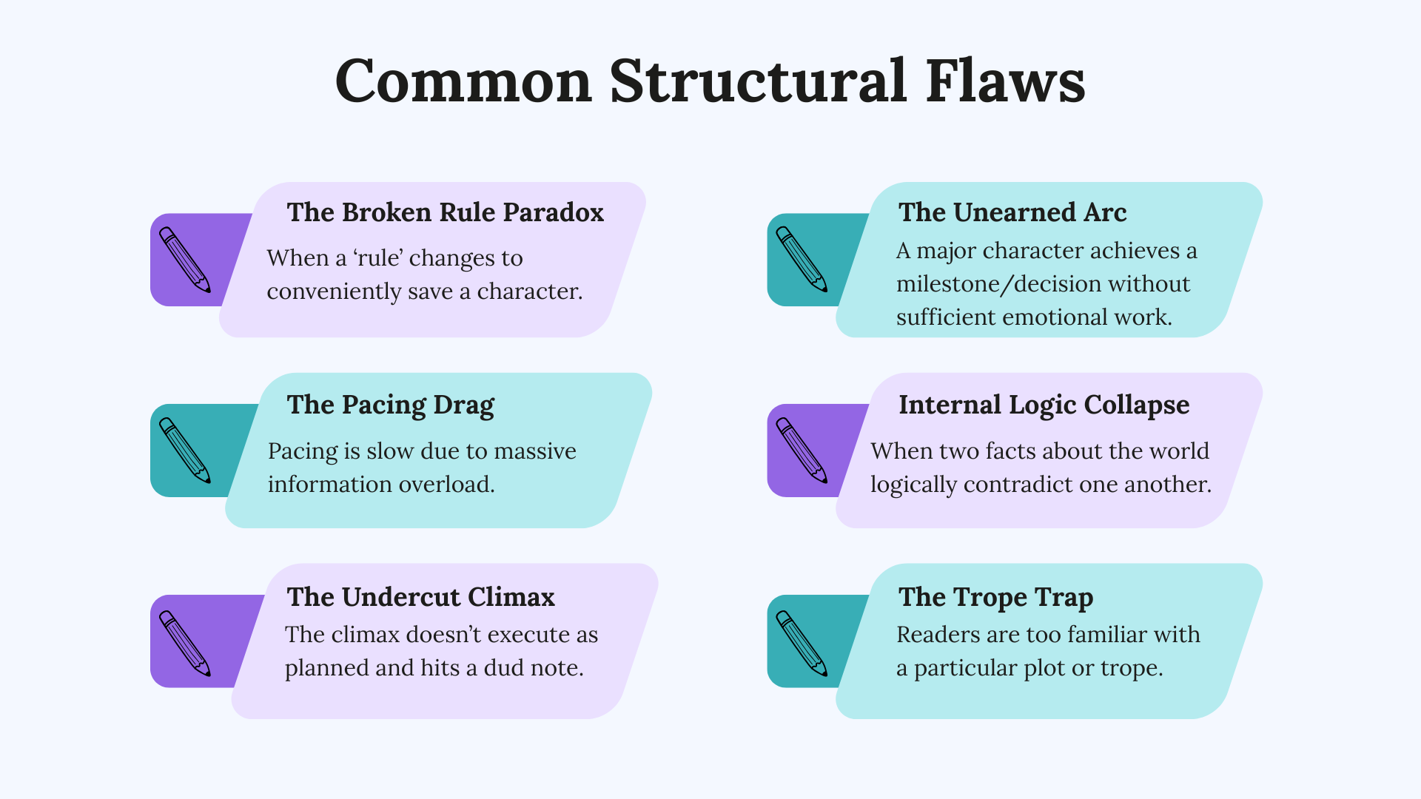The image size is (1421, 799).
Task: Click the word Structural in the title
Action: (758, 81)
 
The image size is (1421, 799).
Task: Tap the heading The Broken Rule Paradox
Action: (445, 212)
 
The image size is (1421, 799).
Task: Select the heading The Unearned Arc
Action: (1012, 212)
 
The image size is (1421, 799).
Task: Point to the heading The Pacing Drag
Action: (390, 405)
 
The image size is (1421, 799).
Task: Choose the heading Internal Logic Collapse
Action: (1044, 405)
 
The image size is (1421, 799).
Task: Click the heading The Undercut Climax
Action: (420, 597)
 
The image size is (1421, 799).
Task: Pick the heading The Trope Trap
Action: (995, 597)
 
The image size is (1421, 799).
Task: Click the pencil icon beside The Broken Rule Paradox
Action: (185, 260)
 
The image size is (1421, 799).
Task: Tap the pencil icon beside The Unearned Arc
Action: (802, 260)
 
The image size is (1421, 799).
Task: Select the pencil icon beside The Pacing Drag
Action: (185, 451)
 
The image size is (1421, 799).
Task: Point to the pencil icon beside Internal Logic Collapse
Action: (802, 451)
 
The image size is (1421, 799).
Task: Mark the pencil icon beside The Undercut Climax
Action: (185, 643)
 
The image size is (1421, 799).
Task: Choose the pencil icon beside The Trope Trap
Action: (802, 643)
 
